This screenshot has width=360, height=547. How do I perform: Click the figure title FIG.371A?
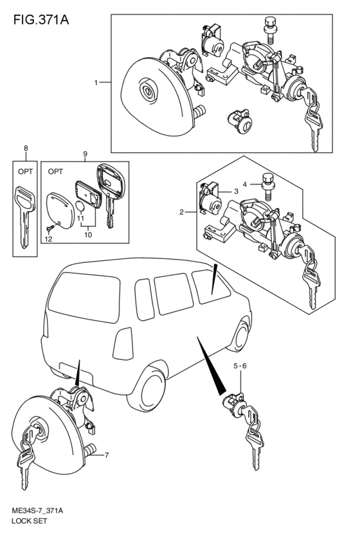41,20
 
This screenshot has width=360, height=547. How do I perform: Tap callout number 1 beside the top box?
96,83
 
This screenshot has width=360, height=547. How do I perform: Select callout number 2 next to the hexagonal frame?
182,211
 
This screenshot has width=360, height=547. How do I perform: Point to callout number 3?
236,191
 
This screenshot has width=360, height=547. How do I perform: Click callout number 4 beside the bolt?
245,184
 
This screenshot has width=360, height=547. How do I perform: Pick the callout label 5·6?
240,366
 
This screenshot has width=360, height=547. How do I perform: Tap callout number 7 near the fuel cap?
107,455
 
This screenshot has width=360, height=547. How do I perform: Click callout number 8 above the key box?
26,148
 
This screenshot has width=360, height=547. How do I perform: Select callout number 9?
85,154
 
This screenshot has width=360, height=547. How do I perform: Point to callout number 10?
88,235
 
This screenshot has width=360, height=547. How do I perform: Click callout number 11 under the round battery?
80,219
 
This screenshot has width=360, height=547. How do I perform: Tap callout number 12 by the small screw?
48,239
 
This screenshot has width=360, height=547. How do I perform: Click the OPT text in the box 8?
26,172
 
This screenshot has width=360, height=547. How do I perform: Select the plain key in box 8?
24,216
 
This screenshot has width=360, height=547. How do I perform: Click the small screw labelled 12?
50,228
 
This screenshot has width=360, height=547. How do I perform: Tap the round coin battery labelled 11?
80,206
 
